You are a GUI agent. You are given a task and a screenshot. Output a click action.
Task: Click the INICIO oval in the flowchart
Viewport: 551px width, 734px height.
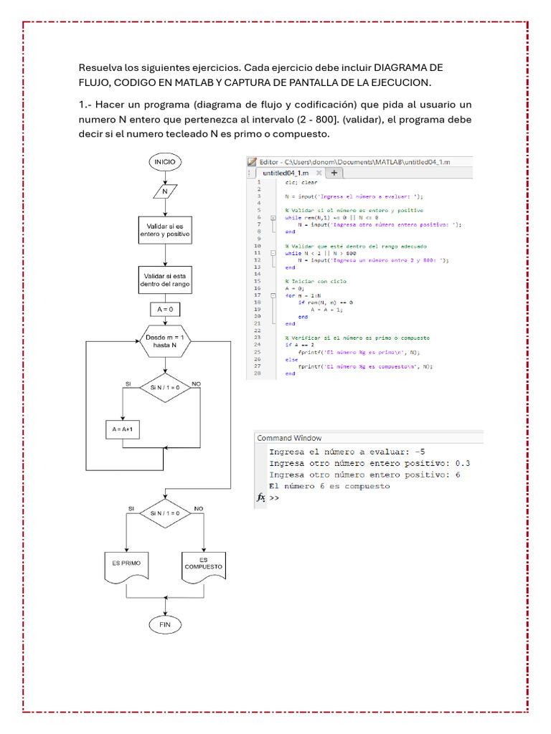click(x=165, y=162)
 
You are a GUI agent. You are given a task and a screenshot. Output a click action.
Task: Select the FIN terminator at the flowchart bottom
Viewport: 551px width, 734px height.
click(x=165, y=624)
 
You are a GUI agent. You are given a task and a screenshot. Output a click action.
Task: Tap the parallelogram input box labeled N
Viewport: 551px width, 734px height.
click(x=165, y=192)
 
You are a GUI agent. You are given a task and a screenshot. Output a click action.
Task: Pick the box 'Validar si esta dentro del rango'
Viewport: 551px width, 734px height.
click(x=166, y=280)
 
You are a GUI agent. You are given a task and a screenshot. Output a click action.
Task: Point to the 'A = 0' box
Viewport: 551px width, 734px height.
click(x=165, y=310)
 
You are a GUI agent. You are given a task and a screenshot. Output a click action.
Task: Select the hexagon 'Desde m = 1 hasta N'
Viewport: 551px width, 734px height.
click(x=164, y=340)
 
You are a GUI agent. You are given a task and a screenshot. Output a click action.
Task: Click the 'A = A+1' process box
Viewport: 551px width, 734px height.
click(x=123, y=430)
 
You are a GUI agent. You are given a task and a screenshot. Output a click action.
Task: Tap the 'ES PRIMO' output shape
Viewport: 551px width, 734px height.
click(x=126, y=564)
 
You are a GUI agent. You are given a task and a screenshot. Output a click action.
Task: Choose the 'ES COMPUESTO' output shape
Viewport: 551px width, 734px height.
click(x=203, y=564)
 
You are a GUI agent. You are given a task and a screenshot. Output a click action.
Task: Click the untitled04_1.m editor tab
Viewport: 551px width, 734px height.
click(x=286, y=173)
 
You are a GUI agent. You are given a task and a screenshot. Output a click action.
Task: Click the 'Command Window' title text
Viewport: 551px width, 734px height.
click(x=289, y=438)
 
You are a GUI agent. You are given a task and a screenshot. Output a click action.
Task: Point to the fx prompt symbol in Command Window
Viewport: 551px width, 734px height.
click(x=260, y=497)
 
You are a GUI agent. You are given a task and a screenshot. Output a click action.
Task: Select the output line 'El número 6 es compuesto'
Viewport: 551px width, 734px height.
click(x=329, y=486)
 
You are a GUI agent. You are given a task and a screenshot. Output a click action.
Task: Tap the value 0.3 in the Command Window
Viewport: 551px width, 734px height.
click(x=462, y=463)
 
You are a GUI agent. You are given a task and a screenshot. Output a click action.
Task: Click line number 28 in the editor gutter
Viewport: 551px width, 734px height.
click(x=257, y=373)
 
